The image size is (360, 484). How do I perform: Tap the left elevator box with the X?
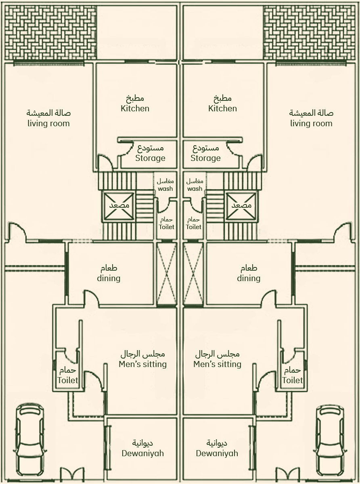[119, 206]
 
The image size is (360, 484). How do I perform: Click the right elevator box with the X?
[241, 206]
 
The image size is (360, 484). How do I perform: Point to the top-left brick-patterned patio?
[51, 33]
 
